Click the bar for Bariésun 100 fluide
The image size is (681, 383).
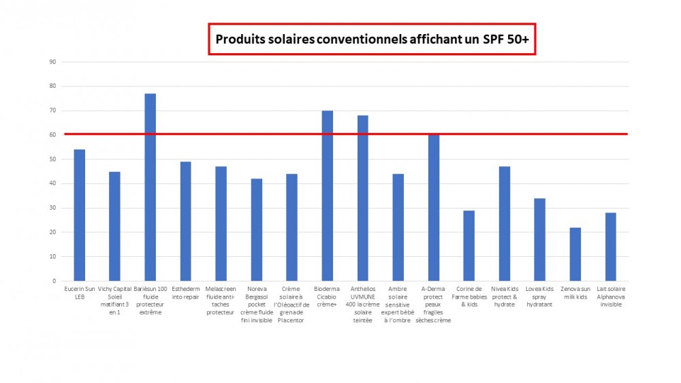[151, 187]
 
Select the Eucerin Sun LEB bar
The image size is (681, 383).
[80, 215]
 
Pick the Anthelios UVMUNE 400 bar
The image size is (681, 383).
[363, 198]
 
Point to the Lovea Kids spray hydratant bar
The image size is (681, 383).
[540, 239]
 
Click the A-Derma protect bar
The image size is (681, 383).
[434, 208]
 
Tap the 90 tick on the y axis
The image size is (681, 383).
[51, 62]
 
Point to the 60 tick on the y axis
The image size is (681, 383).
[51, 135]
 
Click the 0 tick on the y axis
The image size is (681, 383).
[53, 281]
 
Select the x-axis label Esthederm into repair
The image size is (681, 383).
[186, 293]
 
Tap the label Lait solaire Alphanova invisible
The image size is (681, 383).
[611, 297]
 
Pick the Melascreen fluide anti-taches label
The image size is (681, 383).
[221, 301]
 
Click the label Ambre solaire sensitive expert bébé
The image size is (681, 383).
[398, 305]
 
